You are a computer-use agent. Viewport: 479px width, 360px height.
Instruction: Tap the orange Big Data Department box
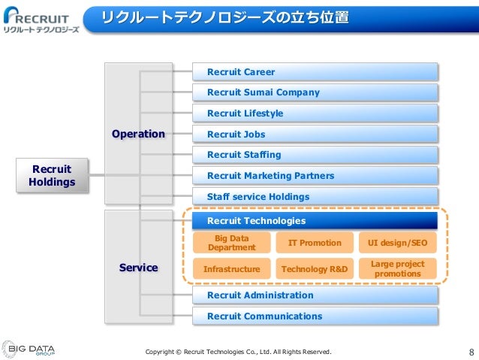click(x=231, y=243)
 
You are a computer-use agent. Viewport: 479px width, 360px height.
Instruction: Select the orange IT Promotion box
click(x=315, y=243)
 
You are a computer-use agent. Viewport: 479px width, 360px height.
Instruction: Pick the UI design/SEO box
click(x=398, y=243)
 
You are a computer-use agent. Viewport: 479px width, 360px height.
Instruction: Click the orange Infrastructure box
click(x=231, y=269)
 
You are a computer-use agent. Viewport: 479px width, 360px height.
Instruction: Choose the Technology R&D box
click(x=315, y=269)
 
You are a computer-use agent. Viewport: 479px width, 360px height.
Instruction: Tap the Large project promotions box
click(x=398, y=269)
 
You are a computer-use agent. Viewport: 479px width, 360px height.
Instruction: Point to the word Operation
click(x=138, y=134)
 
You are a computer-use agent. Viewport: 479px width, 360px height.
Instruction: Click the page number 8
click(x=471, y=352)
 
